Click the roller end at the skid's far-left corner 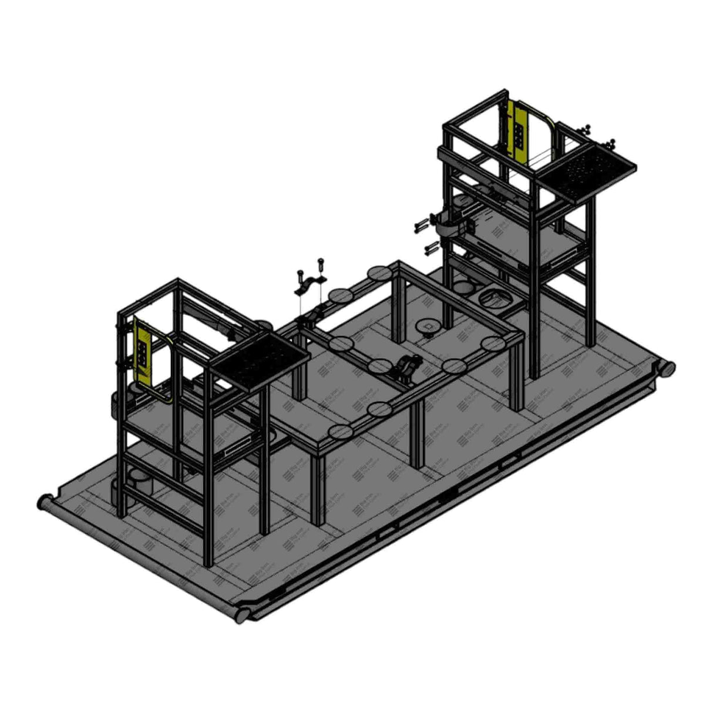(x=43, y=503)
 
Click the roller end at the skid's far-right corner (x=668, y=369)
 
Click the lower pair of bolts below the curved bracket (x=432, y=246)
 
